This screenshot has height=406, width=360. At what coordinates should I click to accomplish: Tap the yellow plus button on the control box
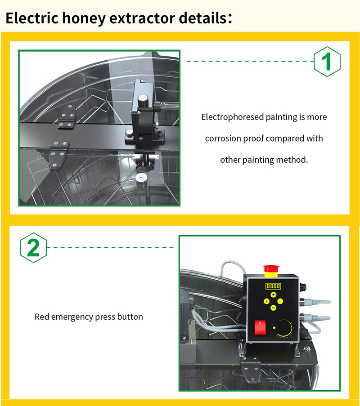coord(273,294)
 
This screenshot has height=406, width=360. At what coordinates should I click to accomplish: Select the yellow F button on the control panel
coord(266,301)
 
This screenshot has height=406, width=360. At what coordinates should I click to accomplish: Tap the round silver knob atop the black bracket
coord(142,98)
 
